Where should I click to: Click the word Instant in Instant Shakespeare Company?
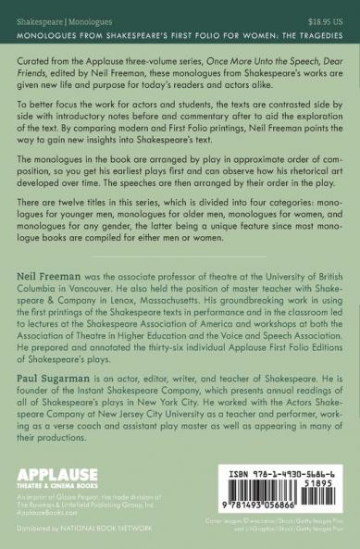[100, 392]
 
